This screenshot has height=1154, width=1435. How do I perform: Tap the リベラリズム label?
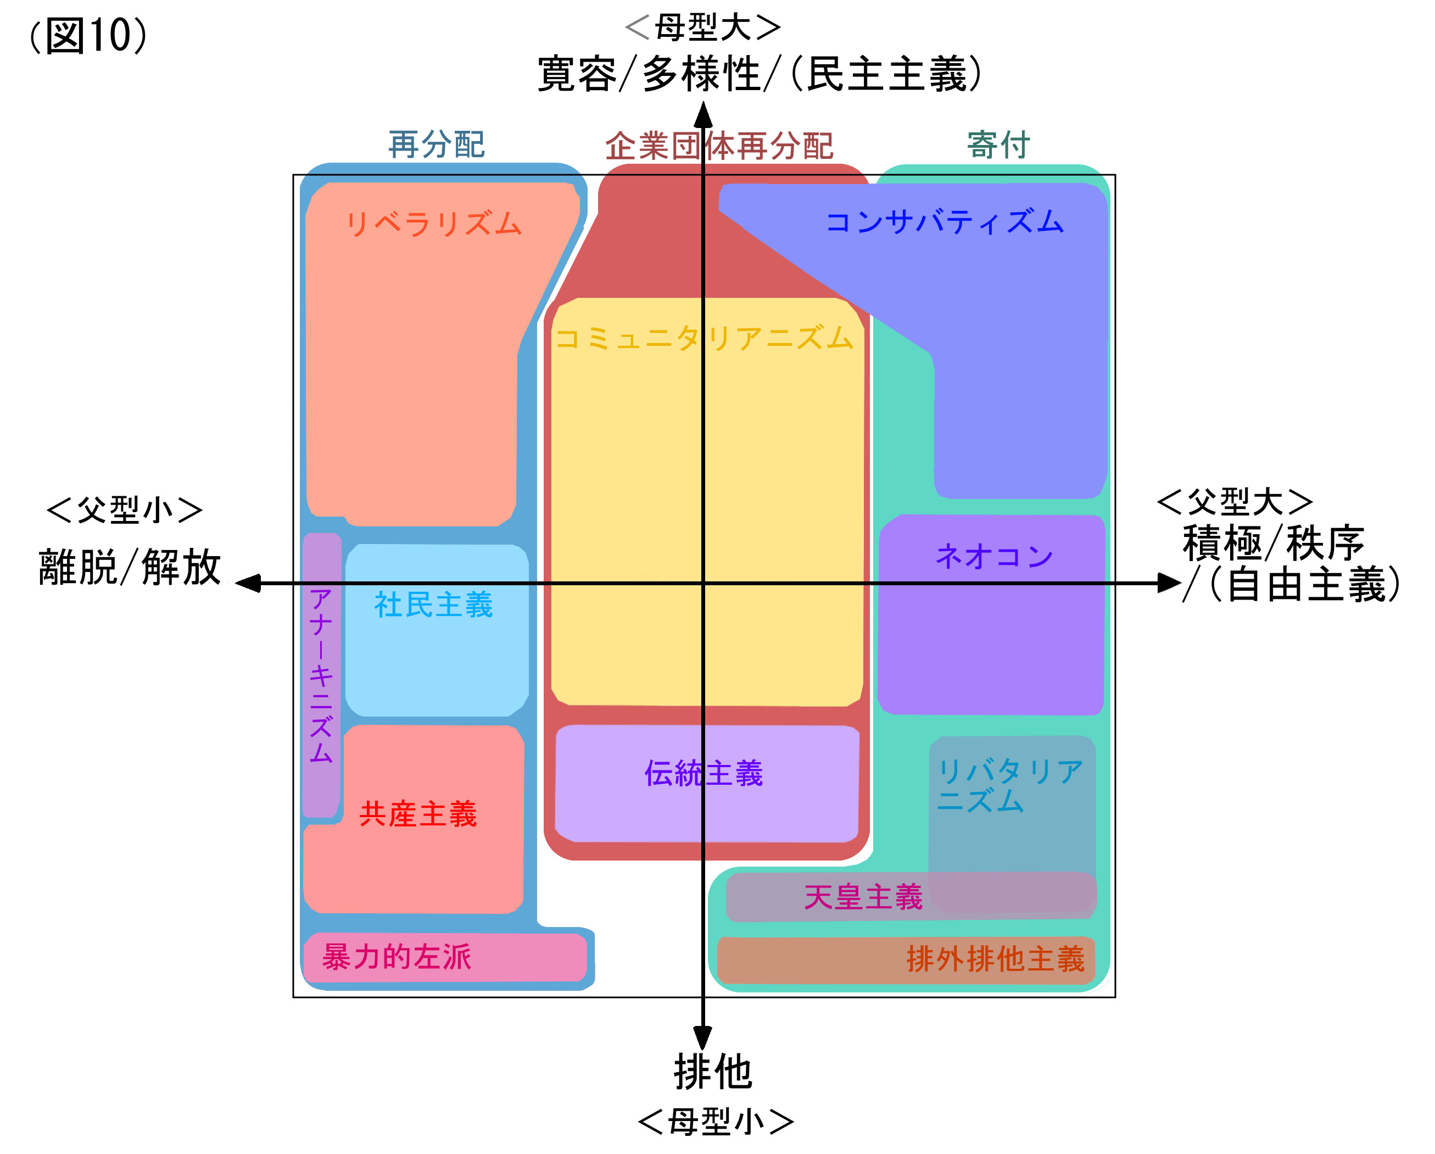pyautogui.click(x=433, y=224)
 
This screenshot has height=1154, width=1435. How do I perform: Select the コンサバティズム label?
pyautogui.click(x=945, y=222)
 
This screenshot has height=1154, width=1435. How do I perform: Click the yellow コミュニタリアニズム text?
pyautogui.click(x=703, y=339)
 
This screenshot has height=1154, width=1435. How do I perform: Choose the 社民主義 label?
pyautogui.click(x=433, y=604)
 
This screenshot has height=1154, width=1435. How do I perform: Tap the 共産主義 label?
pyautogui.click(x=418, y=814)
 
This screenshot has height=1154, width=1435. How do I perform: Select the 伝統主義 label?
pyautogui.click(x=703, y=773)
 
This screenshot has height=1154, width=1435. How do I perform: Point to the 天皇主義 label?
pyautogui.click(x=863, y=897)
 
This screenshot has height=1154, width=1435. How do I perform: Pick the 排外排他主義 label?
pyautogui.click(x=995, y=959)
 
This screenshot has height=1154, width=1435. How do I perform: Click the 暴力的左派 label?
pyautogui.click(x=397, y=957)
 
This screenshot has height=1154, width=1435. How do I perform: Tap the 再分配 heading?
pyautogui.click(x=437, y=145)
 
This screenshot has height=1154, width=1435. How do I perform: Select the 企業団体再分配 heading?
pyautogui.click(x=719, y=146)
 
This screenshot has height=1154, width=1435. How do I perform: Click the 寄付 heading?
pyautogui.click(x=998, y=145)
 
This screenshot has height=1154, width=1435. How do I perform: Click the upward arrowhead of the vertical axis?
pyautogui.click(x=703, y=114)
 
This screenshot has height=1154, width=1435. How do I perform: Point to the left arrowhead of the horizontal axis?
pyautogui.click(x=248, y=584)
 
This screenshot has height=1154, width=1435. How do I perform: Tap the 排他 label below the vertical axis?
pyautogui.click(x=713, y=1072)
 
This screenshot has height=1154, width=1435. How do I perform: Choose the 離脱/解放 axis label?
pyautogui.click(x=130, y=567)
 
